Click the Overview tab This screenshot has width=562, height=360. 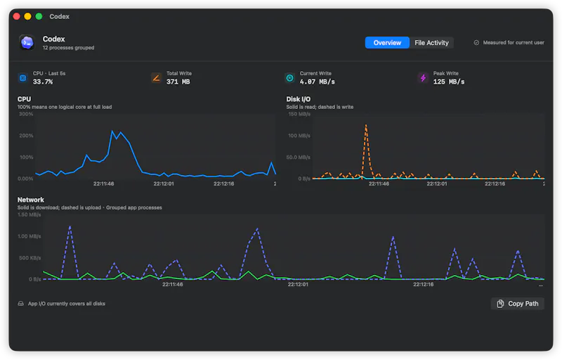point(387,43)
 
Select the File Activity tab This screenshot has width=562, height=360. point(431,43)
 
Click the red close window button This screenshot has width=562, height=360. point(16,16)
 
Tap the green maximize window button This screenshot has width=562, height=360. point(39,16)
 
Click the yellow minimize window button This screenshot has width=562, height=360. point(27,16)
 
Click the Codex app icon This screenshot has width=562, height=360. point(27,43)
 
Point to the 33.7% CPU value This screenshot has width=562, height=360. point(43,82)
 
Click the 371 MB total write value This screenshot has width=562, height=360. point(178,82)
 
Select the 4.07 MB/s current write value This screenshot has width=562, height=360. point(318,82)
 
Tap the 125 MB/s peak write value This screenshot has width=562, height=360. point(449,82)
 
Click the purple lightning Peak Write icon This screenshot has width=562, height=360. point(424,78)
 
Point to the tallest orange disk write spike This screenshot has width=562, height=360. point(366,125)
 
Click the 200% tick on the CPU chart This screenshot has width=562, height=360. point(26,136)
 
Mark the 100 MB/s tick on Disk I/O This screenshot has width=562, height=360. point(299,136)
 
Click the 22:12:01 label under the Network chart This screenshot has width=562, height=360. point(298,284)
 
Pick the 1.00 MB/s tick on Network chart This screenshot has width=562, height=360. point(30,236)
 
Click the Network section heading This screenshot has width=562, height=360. point(31,200)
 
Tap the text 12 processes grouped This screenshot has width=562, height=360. point(68,48)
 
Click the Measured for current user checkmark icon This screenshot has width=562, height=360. point(476,43)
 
